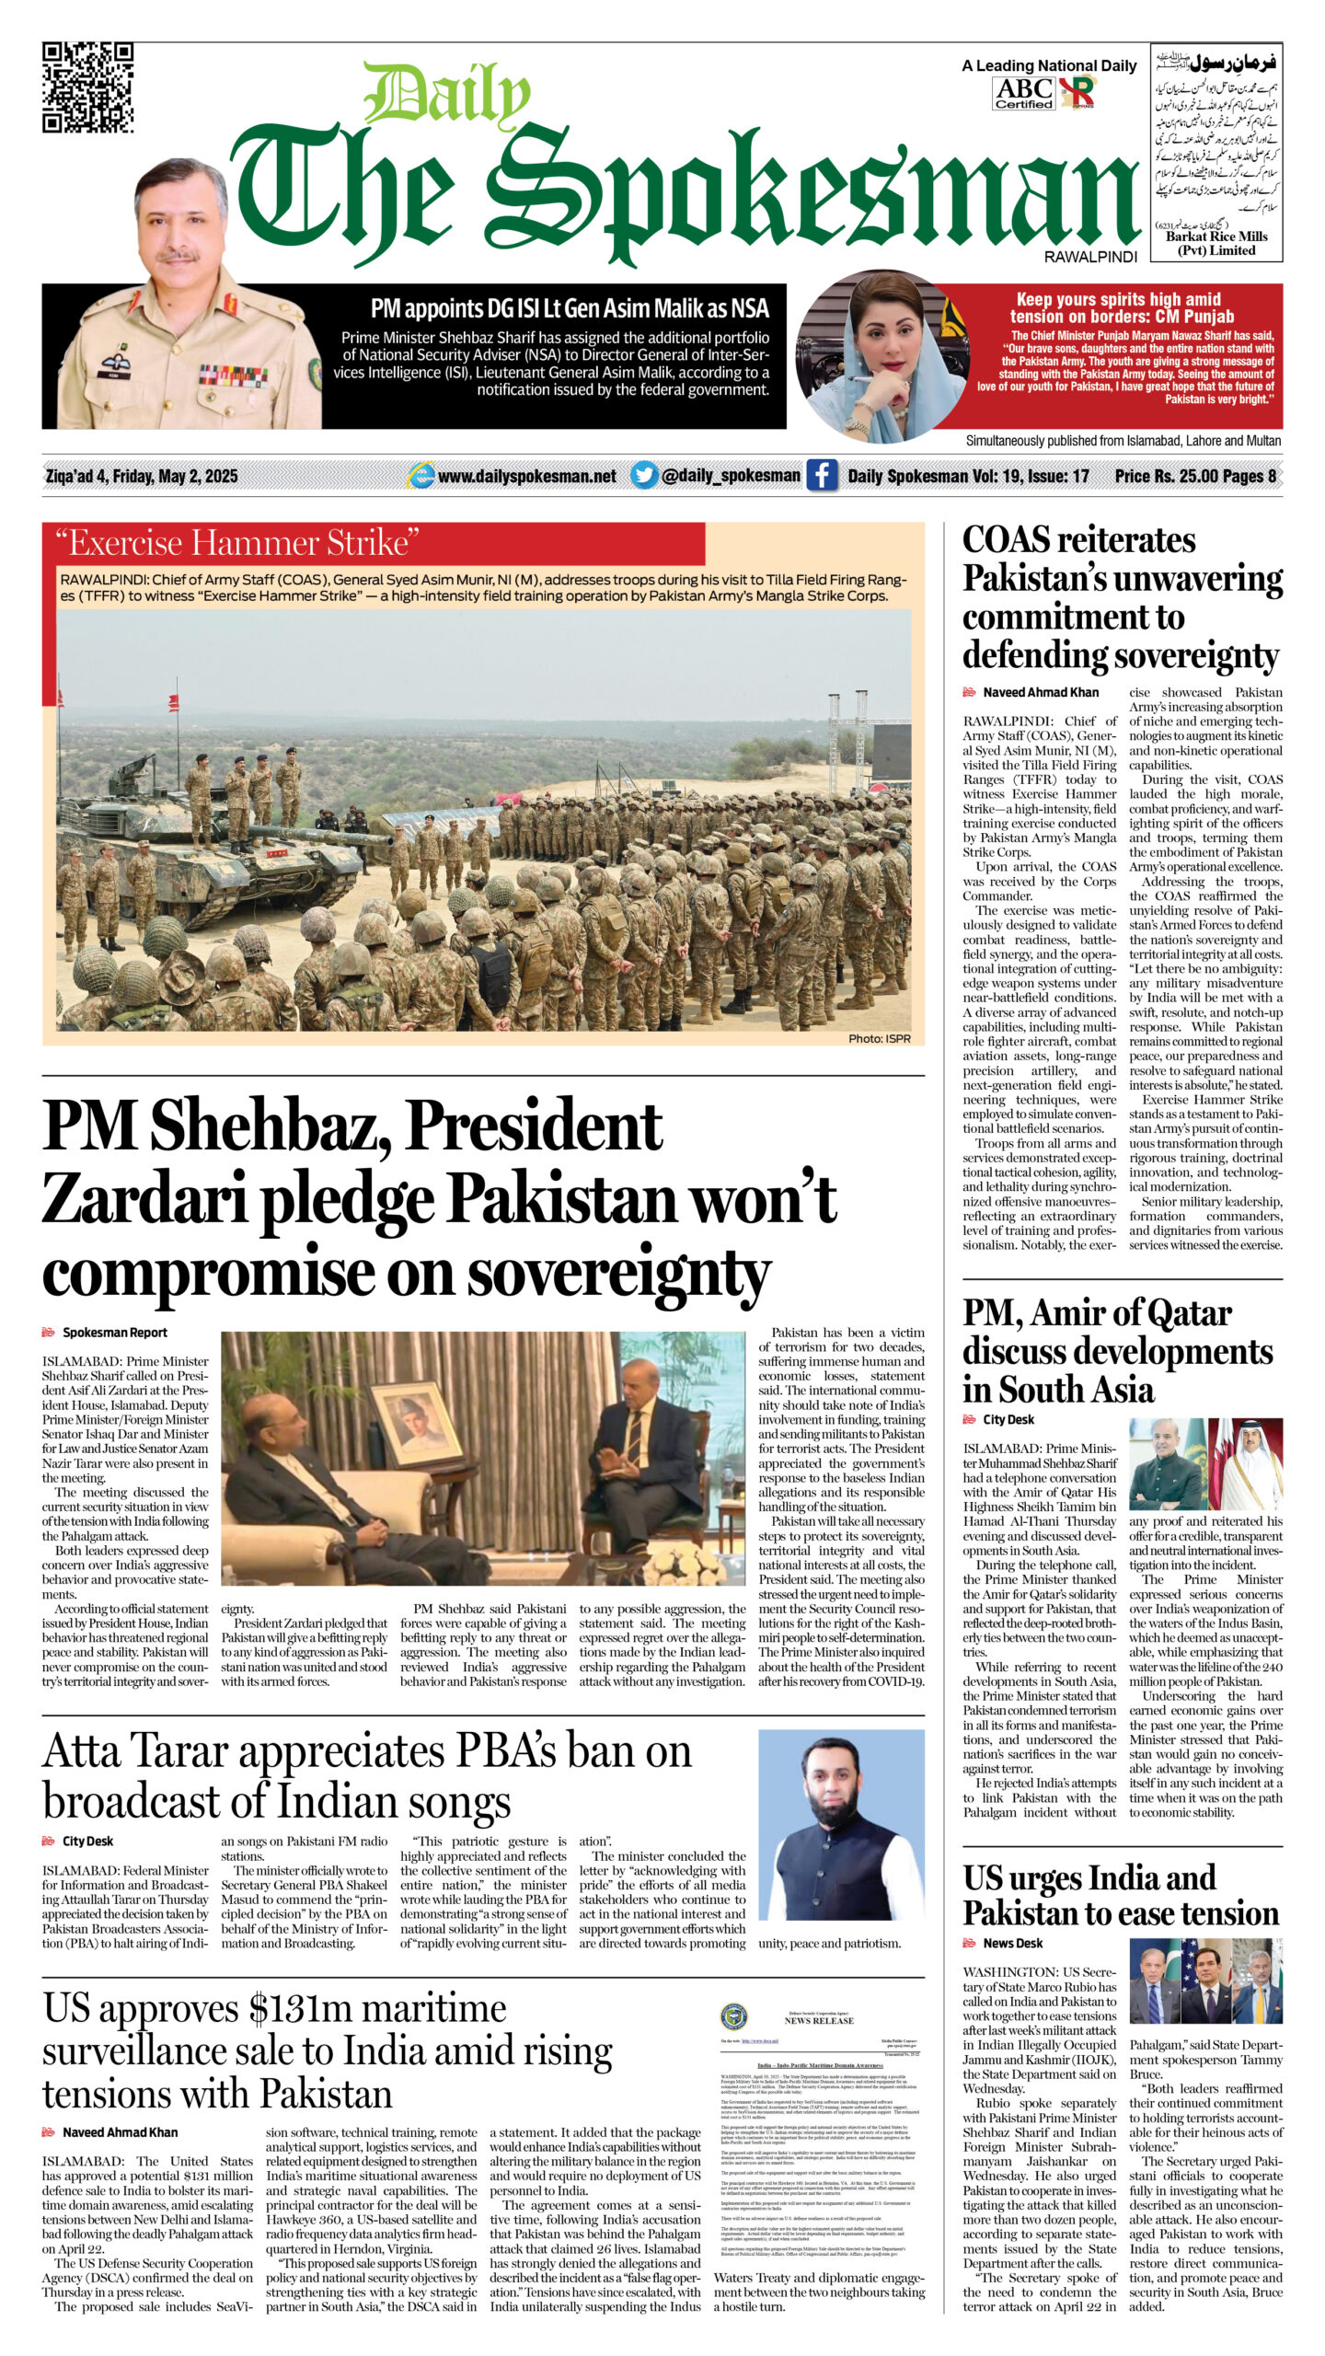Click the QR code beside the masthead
click(88, 88)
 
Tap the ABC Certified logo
click(1024, 93)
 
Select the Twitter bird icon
click(644, 475)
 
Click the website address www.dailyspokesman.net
click(526, 476)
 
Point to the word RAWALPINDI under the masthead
click(1090, 257)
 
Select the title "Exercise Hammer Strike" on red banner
click(237, 543)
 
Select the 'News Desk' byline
click(1012, 1942)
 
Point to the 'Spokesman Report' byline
click(114, 1332)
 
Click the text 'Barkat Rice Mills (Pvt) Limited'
click(1216, 243)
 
